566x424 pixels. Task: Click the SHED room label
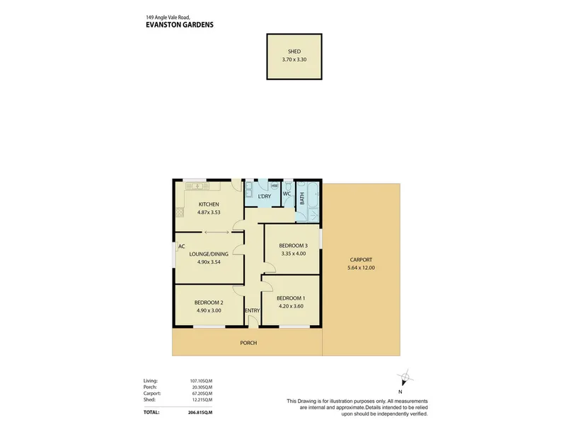point(294,52)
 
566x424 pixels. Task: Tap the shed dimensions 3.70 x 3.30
point(294,59)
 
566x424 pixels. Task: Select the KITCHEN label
point(209,204)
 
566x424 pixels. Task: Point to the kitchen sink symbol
point(197,186)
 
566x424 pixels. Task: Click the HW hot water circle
point(275,186)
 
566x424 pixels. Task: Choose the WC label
point(287,194)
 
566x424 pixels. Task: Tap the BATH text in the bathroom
point(302,199)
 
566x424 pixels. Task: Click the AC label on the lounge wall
point(182,247)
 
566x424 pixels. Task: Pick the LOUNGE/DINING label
point(209,254)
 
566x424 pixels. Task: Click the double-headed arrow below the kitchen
point(216,232)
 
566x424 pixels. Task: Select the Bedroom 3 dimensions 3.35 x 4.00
point(294,254)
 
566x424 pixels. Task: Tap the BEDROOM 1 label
point(291,298)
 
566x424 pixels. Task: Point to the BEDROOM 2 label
point(209,303)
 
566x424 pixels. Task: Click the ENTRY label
point(253,311)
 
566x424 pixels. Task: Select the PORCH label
point(249,343)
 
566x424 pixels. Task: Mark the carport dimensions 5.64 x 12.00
point(361,268)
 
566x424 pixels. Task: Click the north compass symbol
point(405,377)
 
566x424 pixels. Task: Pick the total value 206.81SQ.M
point(200,413)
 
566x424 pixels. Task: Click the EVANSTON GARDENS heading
point(180,25)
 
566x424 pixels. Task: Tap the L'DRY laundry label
point(265,196)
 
